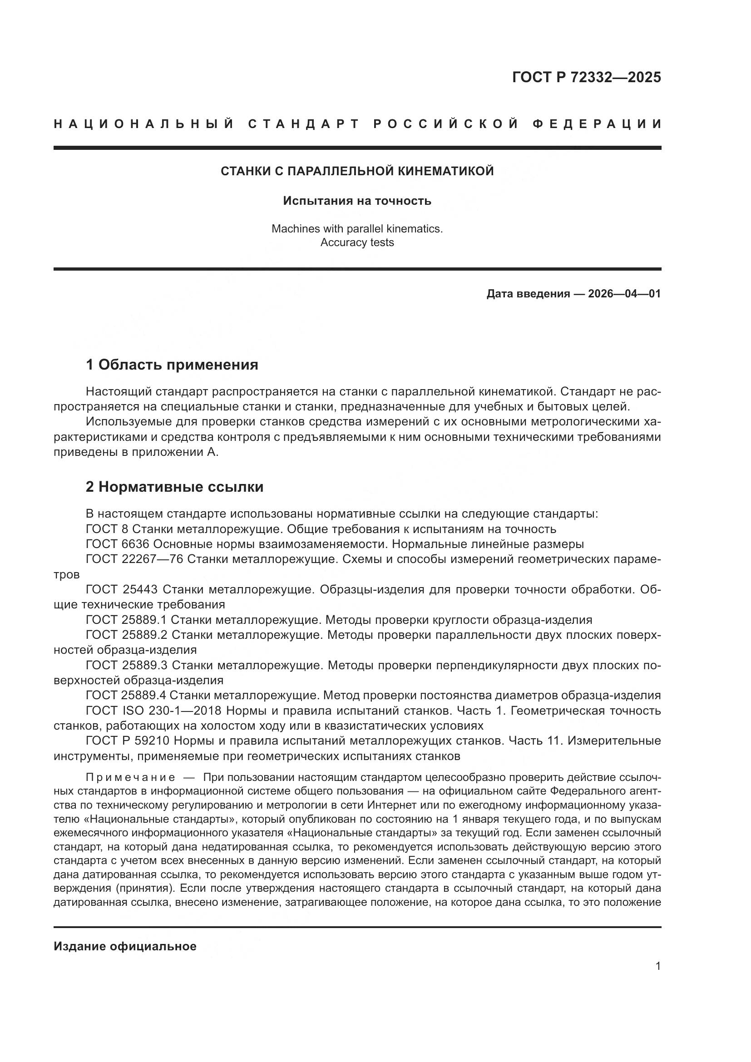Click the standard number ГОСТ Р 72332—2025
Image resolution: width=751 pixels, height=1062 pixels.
pyautogui.click(x=586, y=77)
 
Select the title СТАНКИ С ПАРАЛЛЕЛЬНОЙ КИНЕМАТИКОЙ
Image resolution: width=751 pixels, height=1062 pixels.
pyautogui.click(x=357, y=171)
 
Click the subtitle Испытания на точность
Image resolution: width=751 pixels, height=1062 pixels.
pyautogui.click(x=357, y=201)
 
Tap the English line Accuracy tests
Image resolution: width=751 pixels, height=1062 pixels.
pyautogui.click(x=357, y=242)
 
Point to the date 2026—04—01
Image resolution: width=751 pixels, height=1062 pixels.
pyautogui.click(x=624, y=294)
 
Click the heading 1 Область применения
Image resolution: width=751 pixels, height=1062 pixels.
pyautogui.click(x=172, y=365)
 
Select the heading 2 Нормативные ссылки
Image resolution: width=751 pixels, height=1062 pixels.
pyautogui.click(x=175, y=487)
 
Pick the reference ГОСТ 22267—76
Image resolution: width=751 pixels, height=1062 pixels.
pyautogui.click(x=134, y=559)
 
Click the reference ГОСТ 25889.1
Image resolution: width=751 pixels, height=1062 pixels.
pyautogui.click(x=126, y=620)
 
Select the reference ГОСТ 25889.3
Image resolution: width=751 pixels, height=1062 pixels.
pyautogui.click(x=126, y=666)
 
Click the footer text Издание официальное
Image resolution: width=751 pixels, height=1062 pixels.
pyautogui.click(x=125, y=946)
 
